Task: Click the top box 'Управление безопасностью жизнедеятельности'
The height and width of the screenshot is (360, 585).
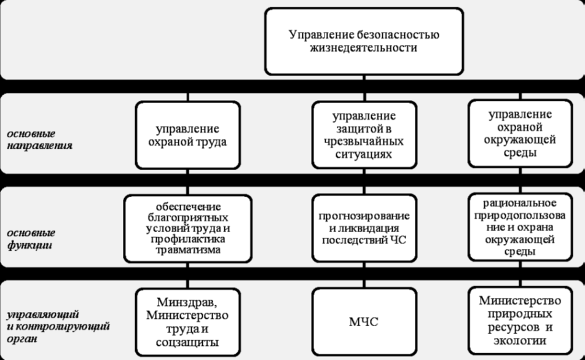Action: tap(364, 41)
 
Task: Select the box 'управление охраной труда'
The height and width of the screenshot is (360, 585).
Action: tap(187, 135)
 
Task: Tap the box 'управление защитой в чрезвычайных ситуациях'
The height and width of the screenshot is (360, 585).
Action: tap(364, 135)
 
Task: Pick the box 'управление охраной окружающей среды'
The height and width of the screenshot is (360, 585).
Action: tap(520, 133)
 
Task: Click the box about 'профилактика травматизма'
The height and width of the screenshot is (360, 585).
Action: tap(187, 229)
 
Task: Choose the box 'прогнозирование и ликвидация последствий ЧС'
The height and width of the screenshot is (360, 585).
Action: tap(364, 229)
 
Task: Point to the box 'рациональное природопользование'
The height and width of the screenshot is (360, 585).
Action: tap(520, 227)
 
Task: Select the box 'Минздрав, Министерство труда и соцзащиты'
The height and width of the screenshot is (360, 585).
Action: tap(187, 321)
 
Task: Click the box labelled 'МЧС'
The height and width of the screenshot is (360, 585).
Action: tap(364, 321)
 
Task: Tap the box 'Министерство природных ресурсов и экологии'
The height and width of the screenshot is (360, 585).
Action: tap(520, 320)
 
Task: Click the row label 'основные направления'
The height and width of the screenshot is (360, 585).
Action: tap(39, 139)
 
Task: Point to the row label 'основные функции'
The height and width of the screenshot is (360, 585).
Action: tap(31, 239)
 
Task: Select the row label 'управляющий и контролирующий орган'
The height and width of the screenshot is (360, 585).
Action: tap(58, 326)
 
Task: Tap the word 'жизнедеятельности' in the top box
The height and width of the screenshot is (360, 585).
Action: tap(364, 48)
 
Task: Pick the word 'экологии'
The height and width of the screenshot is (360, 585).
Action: tap(520, 340)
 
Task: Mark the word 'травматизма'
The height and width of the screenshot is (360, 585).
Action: tap(187, 249)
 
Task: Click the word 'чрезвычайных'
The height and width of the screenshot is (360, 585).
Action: tap(364, 142)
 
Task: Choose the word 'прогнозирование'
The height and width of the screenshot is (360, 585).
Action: tap(364, 216)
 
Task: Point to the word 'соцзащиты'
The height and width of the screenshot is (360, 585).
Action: tap(187, 342)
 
